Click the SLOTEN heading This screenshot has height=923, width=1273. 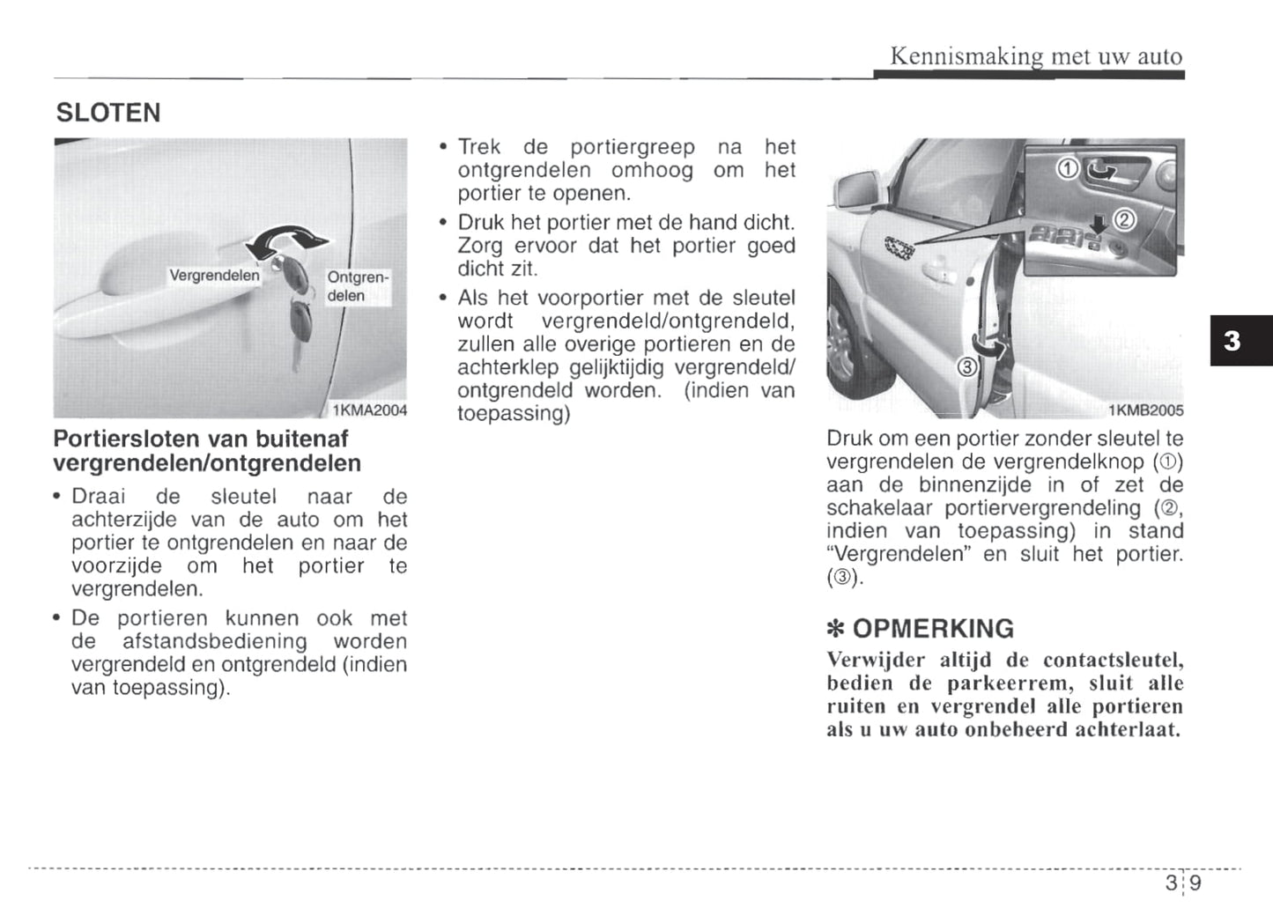coord(108,114)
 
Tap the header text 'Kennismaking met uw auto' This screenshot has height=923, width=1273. coord(1036,56)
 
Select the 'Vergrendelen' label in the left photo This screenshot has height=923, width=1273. coord(214,276)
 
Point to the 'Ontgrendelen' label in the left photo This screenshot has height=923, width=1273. coord(356,286)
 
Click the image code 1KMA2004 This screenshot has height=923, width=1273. coord(369,410)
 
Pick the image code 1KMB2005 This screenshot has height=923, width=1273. coord(1145,410)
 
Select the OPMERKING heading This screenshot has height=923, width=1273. coord(933,629)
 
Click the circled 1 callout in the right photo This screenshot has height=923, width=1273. coord(1067,168)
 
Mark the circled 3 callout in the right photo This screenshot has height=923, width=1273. coord(966,367)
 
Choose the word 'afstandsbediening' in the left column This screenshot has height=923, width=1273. coord(214,641)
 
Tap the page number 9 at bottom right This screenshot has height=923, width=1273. coord(1195,882)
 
